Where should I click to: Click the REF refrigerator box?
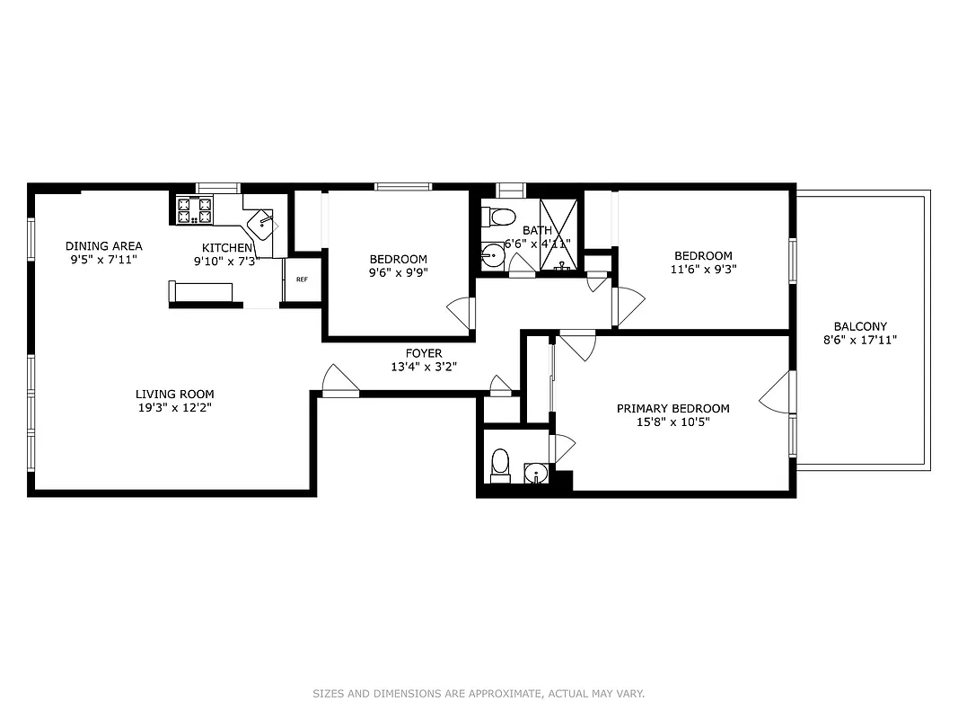pyautogui.click(x=302, y=280)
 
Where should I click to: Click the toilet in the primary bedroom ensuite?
pyautogui.click(x=500, y=466)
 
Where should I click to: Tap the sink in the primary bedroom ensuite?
pyautogui.click(x=536, y=473)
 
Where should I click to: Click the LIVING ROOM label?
pyautogui.click(x=175, y=394)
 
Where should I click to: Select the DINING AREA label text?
pyautogui.click(x=103, y=246)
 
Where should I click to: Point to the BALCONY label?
pyautogui.click(x=860, y=326)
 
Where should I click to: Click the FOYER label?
pyautogui.click(x=423, y=353)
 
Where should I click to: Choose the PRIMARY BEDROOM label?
pyautogui.click(x=672, y=408)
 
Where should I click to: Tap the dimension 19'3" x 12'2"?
pyautogui.click(x=175, y=407)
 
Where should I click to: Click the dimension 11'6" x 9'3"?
pyautogui.click(x=701, y=269)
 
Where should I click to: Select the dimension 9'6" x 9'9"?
pyautogui.click(x=398, y=273)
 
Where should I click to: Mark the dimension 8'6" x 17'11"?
pyautogui.click(x=860, y=340)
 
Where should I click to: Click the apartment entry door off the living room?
pyautogui.click(x=340, y=381)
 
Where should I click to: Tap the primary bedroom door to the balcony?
pyautogui.click(x=778, y=392)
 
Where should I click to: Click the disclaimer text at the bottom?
pyautogui.click(x=479, y=693)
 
